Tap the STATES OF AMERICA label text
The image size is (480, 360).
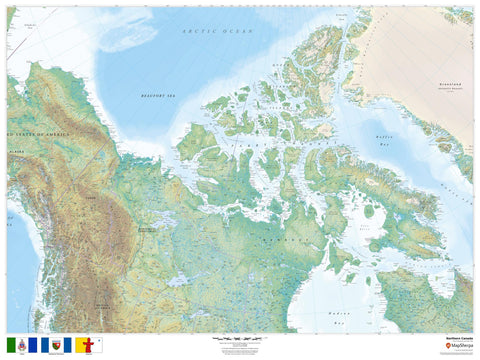38,133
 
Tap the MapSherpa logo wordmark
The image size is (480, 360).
459,346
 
